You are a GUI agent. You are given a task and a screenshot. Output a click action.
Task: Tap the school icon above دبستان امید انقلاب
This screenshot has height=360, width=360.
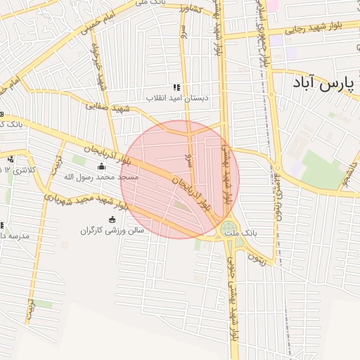[x=176, y=87]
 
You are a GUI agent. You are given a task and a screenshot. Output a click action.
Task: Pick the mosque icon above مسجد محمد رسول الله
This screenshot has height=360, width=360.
[x=101, y=167]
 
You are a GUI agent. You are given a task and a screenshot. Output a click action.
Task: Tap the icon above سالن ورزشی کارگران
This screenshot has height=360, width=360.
[x=112, y=219]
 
